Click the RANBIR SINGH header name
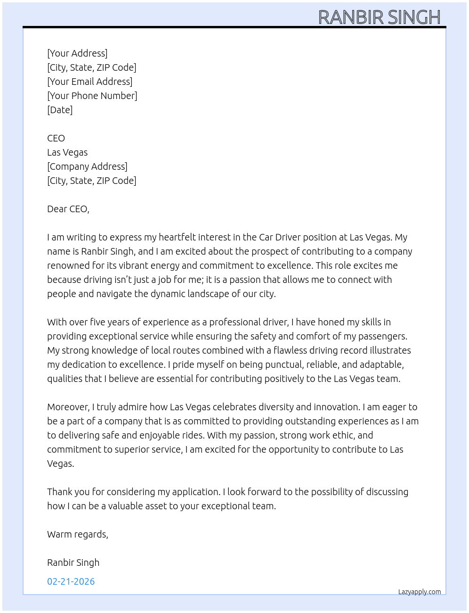(379, 17)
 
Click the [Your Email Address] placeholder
(89, 82)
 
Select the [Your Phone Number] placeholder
(92, 96)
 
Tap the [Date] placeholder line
(60, 110)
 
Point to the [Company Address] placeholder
(87, 166)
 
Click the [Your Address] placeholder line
(77, 53)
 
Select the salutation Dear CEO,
(68, 209)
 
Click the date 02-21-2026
(71, 581)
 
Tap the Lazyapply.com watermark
(419, 592)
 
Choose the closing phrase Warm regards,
(77, 534)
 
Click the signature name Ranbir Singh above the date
(73, 563)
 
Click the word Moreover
(68, 407)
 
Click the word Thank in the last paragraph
(59, 492)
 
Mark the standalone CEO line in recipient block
(56, 138)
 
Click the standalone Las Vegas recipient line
(67, 152)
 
